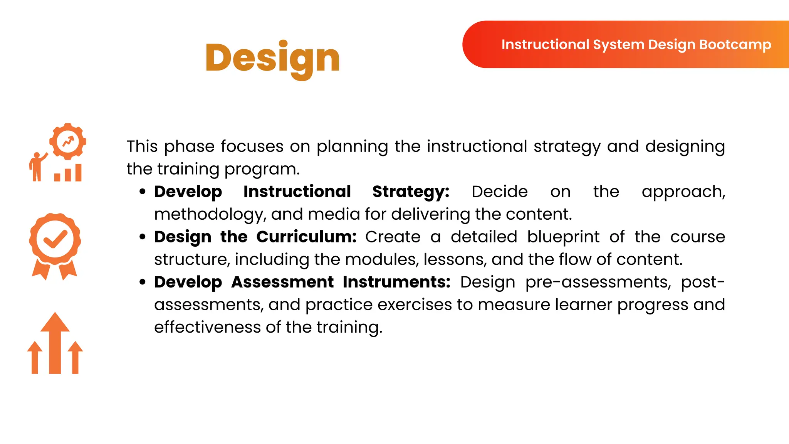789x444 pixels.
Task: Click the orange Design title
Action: [x=272, y=59]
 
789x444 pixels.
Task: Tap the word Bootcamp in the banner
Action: [x=735, y=45]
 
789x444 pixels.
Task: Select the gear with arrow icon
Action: [x=68, y=141]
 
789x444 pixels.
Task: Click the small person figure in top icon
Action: [x=37, y=167]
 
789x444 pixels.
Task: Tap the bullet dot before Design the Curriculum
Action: [x=143, y=237]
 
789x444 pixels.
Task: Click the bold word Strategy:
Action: [x=411, y=192]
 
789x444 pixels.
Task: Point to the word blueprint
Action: [x=563, y=237]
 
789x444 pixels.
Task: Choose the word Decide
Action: [x=499, y=192]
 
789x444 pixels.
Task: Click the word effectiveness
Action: [x=207, y=327]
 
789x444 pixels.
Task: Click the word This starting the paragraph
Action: [x=142, y=146]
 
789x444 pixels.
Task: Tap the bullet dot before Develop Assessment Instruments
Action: [x=143, y=282]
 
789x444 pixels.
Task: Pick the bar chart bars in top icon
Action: [x=68, y=173]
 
